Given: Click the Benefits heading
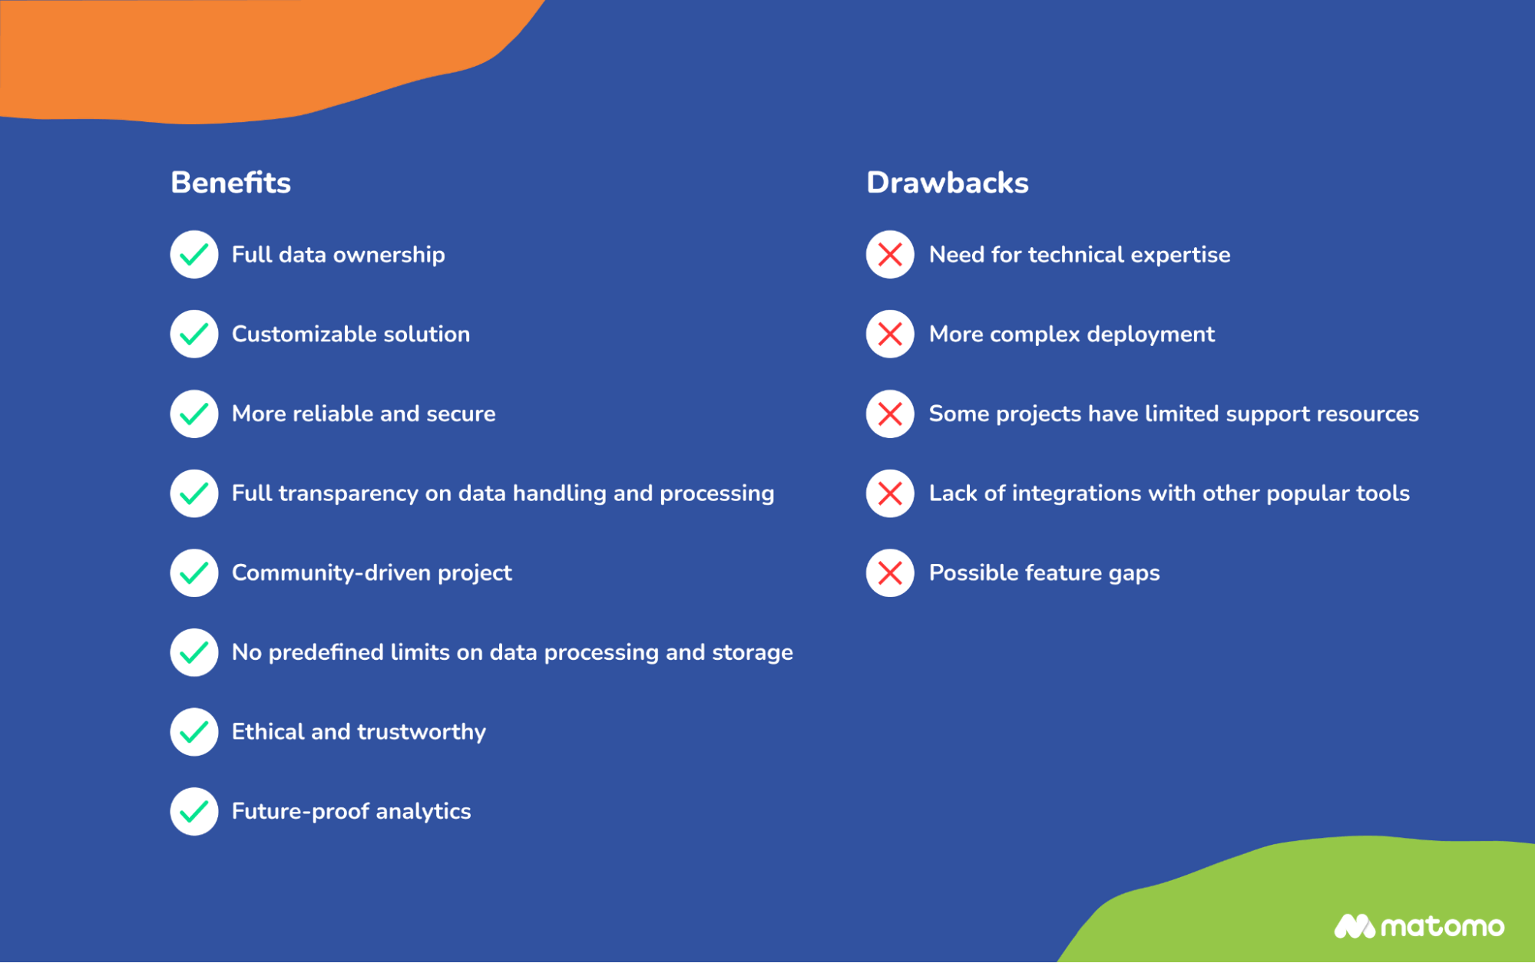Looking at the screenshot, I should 230,183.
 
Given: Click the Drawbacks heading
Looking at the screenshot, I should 947,183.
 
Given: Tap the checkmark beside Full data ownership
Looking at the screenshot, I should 194,254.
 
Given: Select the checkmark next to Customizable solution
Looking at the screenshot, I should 194,334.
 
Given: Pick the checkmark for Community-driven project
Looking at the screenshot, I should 194,572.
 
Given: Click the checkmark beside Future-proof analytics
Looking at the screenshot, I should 194,811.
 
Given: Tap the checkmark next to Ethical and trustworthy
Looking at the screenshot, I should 194,731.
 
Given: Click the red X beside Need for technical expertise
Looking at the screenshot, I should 890,254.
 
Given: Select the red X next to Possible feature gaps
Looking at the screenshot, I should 890,572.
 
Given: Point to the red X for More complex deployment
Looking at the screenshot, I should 890,334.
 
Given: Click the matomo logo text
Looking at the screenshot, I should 1441,927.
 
